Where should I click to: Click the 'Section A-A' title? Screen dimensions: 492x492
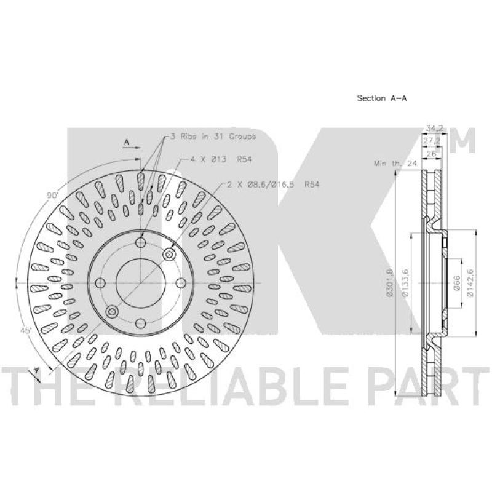(x=383, y=98)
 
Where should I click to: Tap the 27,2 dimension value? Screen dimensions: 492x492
(x=430, y=140)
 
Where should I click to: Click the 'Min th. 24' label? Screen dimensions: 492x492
(x=395, y=164)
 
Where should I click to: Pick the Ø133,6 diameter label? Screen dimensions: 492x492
(x=405, y=282)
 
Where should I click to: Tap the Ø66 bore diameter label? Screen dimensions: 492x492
(x=457, y=282)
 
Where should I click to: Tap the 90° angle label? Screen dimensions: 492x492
(x=52, y=195)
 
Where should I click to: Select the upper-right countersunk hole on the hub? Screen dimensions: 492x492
(x=169, y=254)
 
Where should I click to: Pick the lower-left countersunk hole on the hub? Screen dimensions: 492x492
(x=112, y=312)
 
